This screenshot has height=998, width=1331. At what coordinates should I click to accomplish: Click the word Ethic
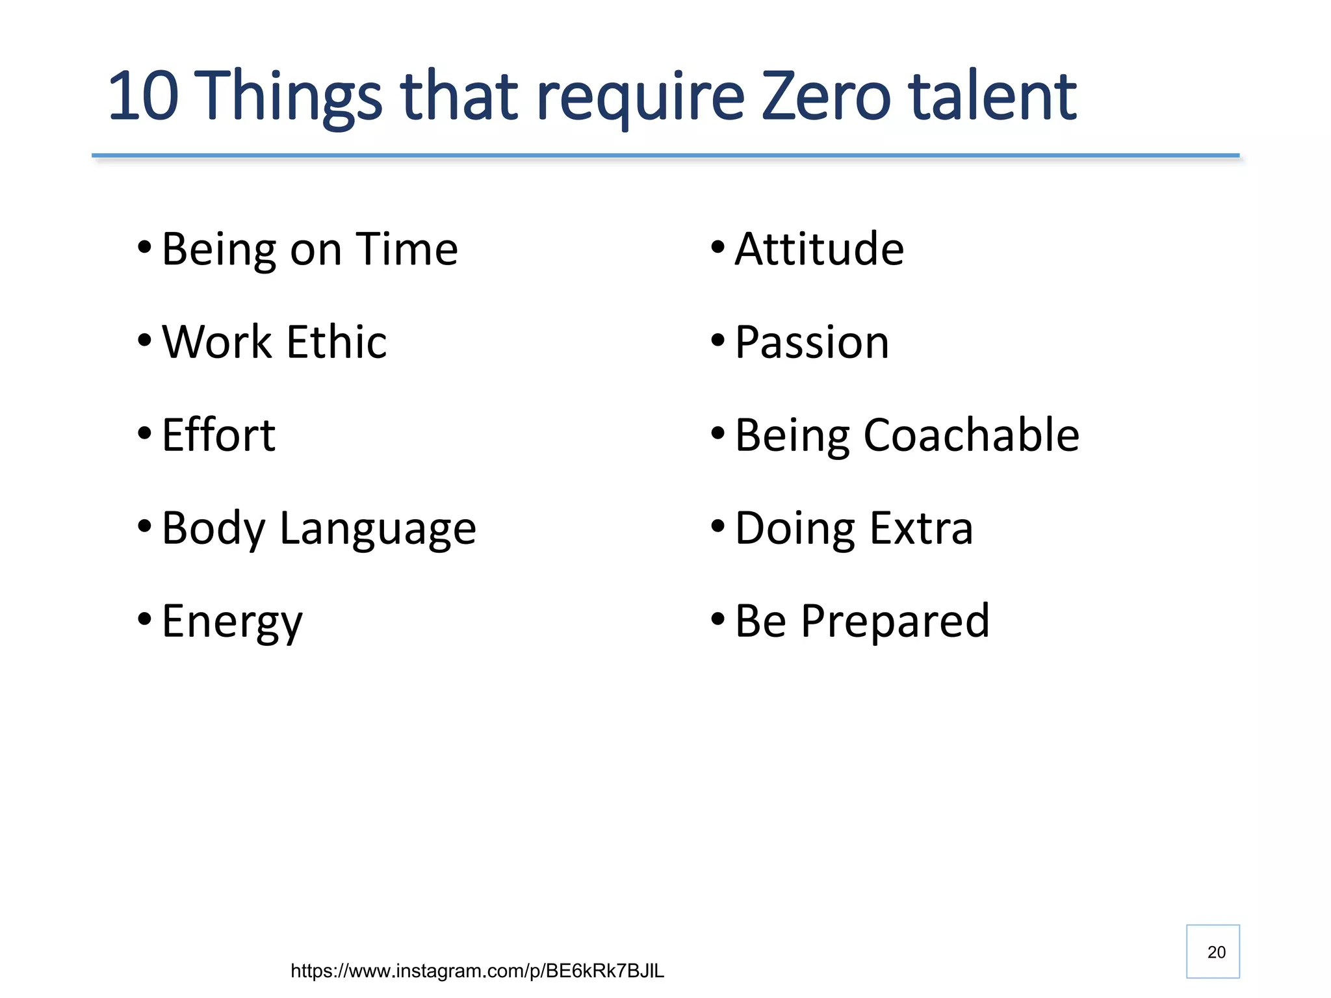[x=336, y=342]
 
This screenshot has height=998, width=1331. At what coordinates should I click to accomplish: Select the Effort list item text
[x=218, y=435]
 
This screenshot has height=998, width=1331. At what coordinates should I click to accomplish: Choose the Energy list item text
[x=232, y=622]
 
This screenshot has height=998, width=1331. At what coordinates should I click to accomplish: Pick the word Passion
[x=812, y=342]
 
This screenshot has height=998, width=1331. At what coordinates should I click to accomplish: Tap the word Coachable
[x=971, y=435]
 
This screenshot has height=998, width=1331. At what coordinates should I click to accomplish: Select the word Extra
[x=921, y=528]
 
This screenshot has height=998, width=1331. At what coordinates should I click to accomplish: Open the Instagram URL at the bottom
[x=477, y=971]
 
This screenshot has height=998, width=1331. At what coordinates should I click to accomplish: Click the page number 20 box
[x=1213, y=951]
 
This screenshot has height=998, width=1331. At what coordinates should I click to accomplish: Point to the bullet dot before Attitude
[x=717, y=247]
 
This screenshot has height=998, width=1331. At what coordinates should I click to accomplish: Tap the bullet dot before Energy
[x=144, y=619]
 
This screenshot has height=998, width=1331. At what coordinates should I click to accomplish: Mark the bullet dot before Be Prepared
[x=717, y=619]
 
